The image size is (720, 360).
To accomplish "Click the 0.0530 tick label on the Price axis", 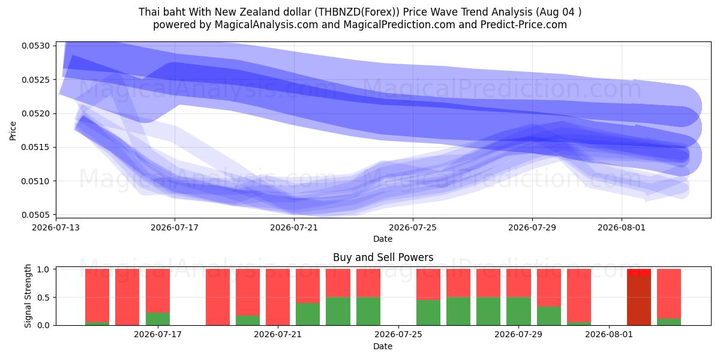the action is (35, 46).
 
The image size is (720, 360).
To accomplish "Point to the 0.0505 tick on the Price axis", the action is (35, 215).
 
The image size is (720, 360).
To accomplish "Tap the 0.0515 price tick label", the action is (35, 147).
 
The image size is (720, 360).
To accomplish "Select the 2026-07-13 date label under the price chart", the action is (56, 227).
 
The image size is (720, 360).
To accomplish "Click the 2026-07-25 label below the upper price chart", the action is (413, 227).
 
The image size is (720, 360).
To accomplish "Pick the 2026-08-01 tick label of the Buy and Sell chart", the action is (609, 334).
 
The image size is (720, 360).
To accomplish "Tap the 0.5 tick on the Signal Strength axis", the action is (43, 298).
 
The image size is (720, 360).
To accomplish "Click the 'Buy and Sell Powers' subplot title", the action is (383, 257).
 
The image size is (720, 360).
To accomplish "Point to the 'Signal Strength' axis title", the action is (28, 296).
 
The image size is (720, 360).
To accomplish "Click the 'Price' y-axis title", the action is (13, 131).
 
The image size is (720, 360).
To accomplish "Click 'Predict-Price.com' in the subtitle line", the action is (524, 25).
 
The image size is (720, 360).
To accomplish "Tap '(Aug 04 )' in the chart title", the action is (559, 12).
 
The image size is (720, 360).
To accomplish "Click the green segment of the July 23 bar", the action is (338, 311).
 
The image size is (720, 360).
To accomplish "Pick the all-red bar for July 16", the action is (127, 297).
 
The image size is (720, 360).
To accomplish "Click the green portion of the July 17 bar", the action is (157, 319).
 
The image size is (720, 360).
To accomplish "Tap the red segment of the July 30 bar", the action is (548, 287).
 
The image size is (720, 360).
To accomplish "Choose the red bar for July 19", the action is (218, 297).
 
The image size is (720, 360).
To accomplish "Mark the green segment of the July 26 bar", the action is (428, 313).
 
